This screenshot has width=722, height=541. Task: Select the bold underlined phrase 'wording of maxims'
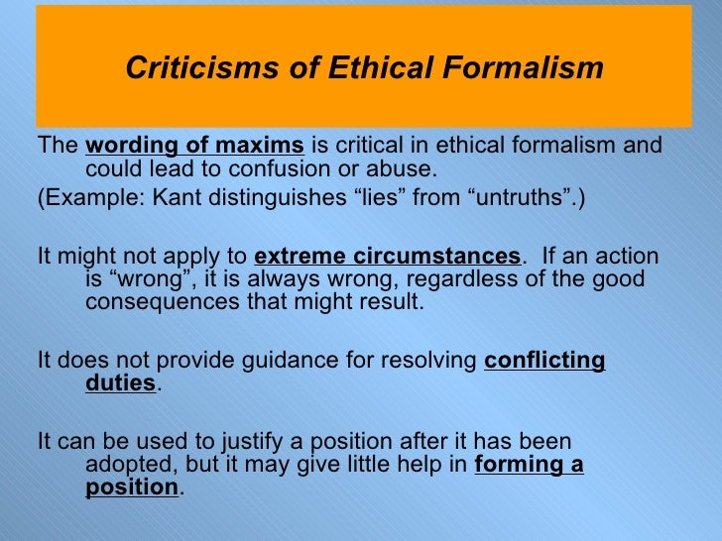(x=194, y=146)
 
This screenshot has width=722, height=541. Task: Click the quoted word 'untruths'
(x=522, y=196)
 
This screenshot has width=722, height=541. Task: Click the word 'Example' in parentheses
(x=92, y=196)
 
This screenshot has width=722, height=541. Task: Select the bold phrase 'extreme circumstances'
(x=387, y=254)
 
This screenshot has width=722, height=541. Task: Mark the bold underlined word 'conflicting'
(x=544, y=361)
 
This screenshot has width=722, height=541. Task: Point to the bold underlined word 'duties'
(x=120, y=384)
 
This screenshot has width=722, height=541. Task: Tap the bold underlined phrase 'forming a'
(x=529, y=465)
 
